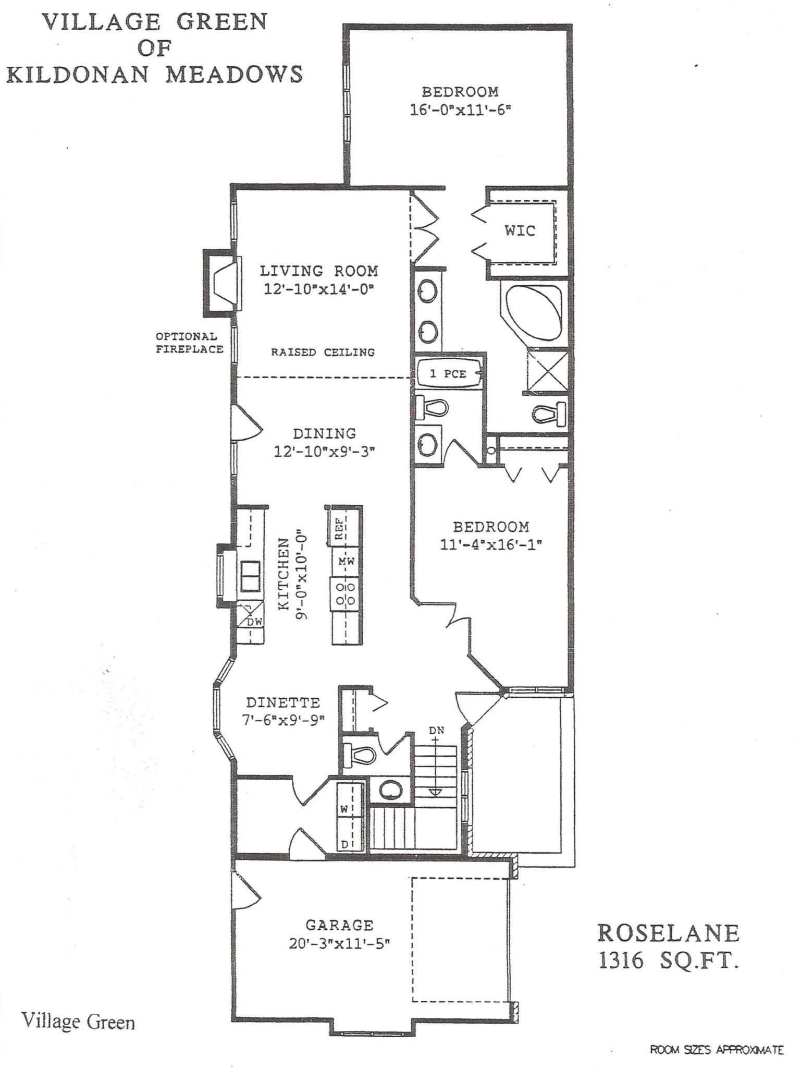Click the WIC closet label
pos(520,230)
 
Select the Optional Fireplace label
pos(189,343)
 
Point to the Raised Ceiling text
pos(323,352)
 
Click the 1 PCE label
pos(448,373)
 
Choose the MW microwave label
pos(347,562)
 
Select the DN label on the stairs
pos(437,731)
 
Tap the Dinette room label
pos(283,702)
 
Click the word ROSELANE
pos(669,932)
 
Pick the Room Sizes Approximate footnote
pos(717,1049)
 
